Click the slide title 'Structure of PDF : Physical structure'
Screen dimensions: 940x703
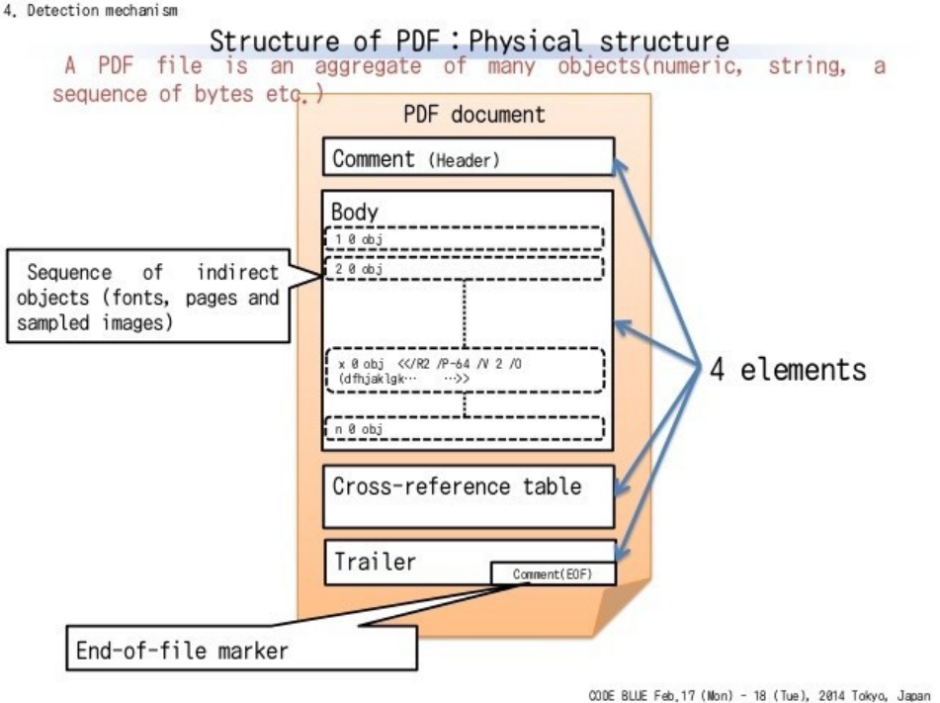(469, 42)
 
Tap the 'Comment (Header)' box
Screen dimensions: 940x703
(469, 157)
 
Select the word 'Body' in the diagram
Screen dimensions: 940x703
(354, 212)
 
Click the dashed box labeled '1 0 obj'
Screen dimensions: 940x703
(464, 239)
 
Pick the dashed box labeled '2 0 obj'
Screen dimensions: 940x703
(464, 268)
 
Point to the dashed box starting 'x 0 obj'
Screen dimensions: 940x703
(464, 370)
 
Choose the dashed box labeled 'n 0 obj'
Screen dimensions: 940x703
(464, 429)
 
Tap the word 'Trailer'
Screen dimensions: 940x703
(374, 562)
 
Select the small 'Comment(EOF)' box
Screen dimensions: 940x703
(553, 573)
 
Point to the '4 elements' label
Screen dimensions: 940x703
(788, 369)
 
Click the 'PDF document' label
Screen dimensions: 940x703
(473, 114)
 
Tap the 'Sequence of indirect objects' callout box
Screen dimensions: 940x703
(148, 297)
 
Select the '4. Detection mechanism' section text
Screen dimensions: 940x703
(91, 10)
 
